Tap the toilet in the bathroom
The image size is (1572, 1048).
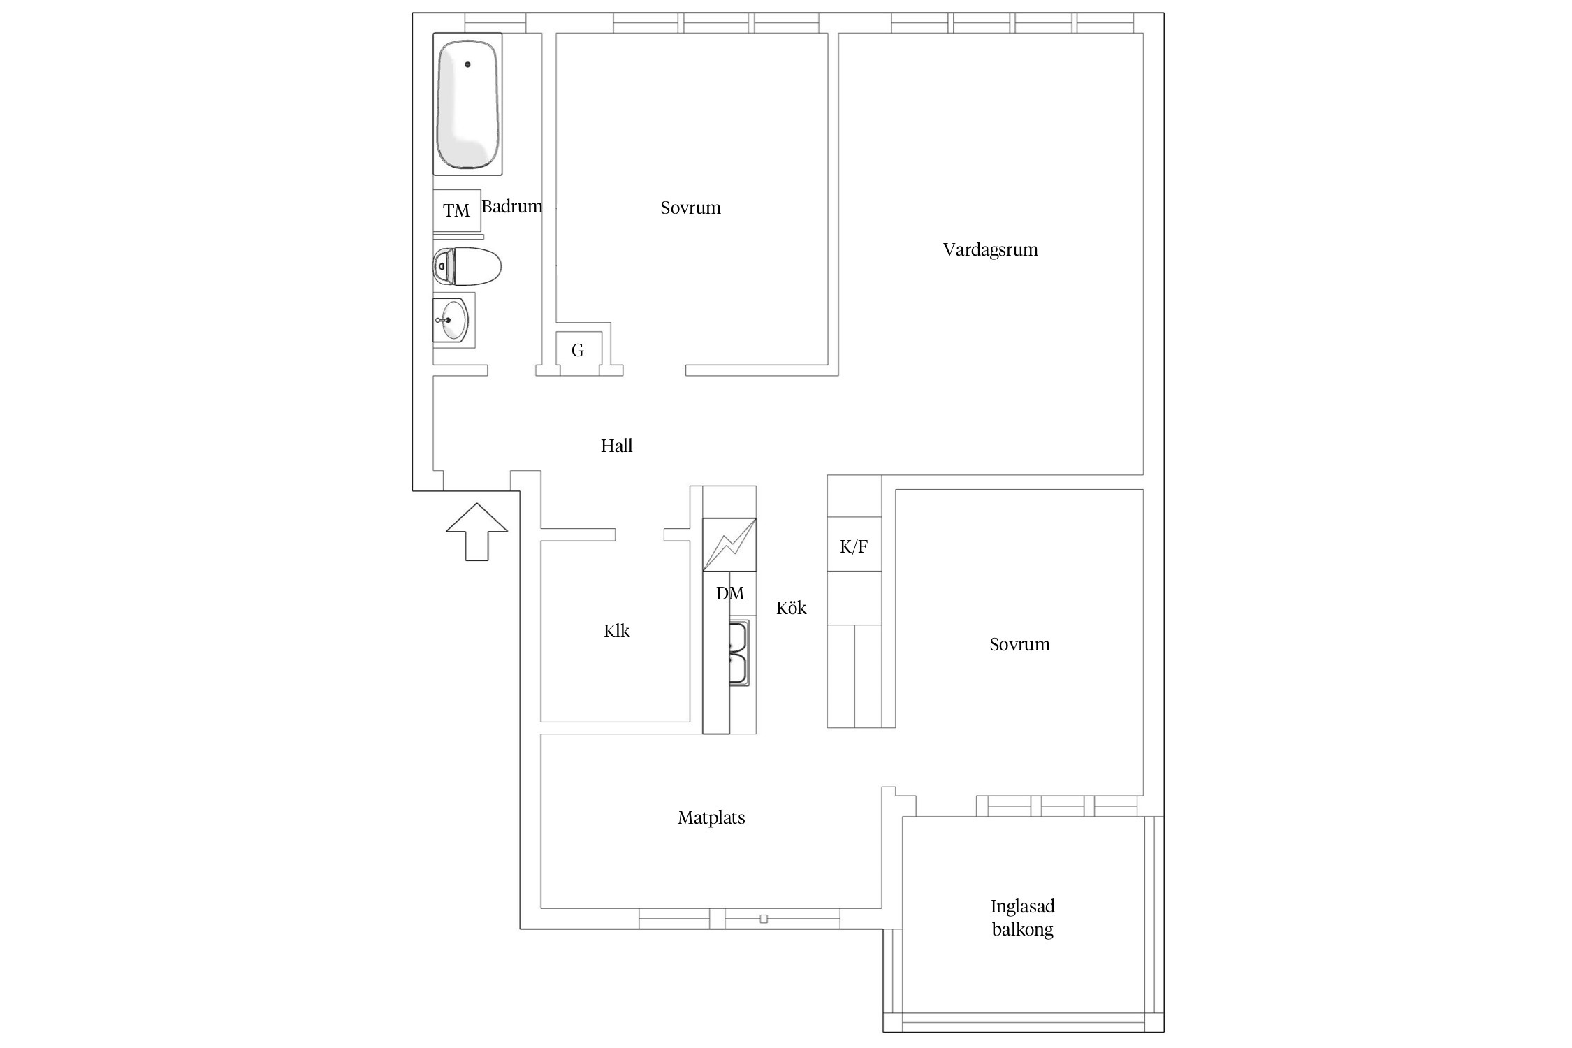click(467, 266)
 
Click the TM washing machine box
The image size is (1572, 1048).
click(457, 210)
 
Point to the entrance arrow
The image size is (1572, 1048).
click(477, 532)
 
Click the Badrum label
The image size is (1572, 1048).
click(512, 206)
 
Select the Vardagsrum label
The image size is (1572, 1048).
click(990, 250)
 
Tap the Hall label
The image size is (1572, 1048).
click(616, 446)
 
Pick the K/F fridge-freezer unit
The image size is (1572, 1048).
click(854, 544)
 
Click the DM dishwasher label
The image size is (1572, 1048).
click(730, 593)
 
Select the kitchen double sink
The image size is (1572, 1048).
click(739, 653)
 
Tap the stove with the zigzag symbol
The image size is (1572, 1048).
click(729, 544)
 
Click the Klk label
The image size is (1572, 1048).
click(616, 631)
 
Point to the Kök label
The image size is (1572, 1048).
click(791, 608)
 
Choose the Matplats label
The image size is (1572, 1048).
click(711, 817)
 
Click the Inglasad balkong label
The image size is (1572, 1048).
click(1023, 917)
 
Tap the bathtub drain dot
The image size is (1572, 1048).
click(467, 64)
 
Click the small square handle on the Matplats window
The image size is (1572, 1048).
click(764, 919)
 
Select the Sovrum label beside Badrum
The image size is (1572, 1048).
click(690, 208)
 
